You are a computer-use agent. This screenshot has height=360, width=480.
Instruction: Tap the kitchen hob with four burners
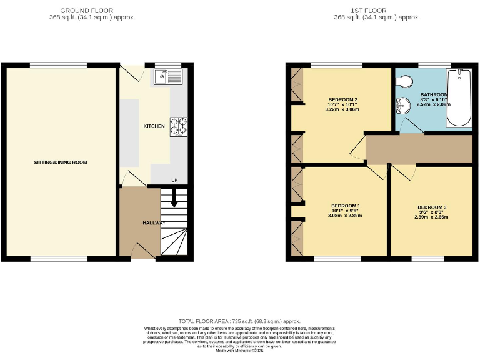[x=178, y=127]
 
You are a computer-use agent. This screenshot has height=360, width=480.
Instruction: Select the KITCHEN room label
[x=154, y=126]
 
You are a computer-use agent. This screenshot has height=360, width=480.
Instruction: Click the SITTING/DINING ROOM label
[x=61, y=162]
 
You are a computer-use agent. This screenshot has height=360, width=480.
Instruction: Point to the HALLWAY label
[x=154, y=223]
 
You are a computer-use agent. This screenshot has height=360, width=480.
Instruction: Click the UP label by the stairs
[x=174, y=181]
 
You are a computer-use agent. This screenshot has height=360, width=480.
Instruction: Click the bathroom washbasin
[x=401, y=107]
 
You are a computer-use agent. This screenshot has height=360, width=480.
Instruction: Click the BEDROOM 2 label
[x=342, y=100]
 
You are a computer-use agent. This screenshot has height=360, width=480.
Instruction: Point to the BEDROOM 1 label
[x=345, y=206]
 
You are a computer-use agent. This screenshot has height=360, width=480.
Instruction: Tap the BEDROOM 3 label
[x=432, y=207]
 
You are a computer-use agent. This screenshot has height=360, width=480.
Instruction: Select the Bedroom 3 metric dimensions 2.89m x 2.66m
[x=431, y=217]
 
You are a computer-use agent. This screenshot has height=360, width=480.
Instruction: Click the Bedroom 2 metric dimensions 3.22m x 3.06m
[x=342, y=109]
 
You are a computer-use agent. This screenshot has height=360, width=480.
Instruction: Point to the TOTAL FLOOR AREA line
[x=239, y=320]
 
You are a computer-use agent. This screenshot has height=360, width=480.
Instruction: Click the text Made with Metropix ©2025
[x=240, y=351]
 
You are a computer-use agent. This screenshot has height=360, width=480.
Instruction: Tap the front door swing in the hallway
[x=142, y=249]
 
